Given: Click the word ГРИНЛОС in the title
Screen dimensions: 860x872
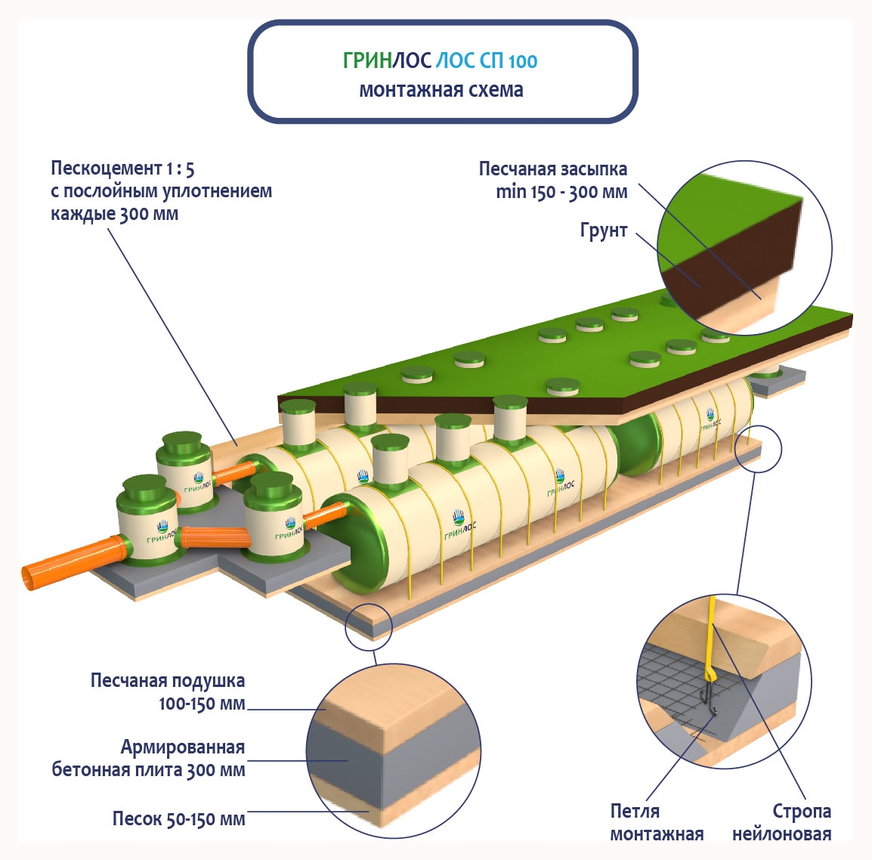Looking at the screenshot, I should tap(387, 60).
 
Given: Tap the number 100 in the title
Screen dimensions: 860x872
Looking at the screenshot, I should tap(523, 61).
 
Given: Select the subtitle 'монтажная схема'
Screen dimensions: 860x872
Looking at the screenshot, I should tap(441, 90).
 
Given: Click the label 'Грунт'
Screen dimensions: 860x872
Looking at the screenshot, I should tap(604, 230).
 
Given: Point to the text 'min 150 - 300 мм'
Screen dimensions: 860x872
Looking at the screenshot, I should tap(561, 192).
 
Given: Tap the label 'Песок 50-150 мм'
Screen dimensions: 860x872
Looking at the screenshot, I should tap(178, 818).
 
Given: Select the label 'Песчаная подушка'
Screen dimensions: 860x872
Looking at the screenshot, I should tap(168, 680).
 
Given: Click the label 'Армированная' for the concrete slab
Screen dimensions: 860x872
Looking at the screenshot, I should tap(183, 747).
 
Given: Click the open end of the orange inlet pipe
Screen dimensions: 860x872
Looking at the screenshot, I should tap(30, 578).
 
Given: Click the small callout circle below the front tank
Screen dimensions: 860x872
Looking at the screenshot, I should tap(369, 626).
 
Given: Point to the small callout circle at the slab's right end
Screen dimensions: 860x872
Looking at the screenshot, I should tap(759, 450).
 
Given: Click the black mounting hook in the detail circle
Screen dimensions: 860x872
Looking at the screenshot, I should tap(710, 699).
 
